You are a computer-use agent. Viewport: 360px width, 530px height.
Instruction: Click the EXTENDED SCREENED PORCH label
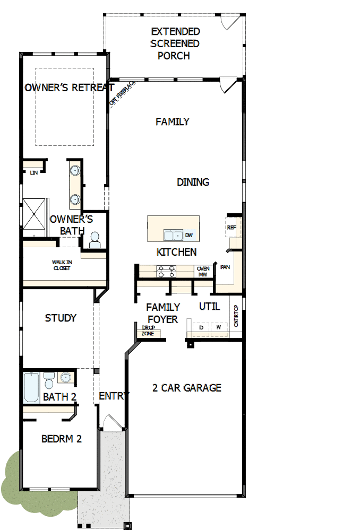coord(175,44)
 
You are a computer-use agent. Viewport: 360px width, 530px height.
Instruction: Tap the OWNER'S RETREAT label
coord(69,88)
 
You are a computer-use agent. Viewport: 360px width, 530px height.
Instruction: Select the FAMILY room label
coord(172,122)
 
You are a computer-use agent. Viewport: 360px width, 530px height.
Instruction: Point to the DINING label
coord(193,182)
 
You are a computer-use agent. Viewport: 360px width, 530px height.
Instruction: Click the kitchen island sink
coord(172,234)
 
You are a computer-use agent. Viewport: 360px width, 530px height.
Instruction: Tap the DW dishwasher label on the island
coord(188,235)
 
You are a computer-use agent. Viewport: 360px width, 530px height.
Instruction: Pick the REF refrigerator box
coord(232,227)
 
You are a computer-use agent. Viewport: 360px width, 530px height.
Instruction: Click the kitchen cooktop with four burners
coord(166,272)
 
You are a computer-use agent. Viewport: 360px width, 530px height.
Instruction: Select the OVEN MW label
coord(203,272)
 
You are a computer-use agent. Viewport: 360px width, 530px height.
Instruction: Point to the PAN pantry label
coord(225,267)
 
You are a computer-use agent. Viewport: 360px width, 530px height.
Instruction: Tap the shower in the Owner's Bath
coord(35,216)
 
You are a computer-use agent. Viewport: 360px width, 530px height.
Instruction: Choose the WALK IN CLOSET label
coord(61,265)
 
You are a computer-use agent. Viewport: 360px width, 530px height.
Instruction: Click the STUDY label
coord(61,318)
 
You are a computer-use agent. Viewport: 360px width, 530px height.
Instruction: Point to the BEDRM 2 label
coord(62,439)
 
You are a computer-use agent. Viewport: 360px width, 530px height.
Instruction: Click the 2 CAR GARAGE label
coord(186,388)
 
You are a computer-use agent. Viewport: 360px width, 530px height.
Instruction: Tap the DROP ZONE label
coord(148,331)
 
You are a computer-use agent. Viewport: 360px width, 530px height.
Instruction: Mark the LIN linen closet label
coord(33,173)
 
